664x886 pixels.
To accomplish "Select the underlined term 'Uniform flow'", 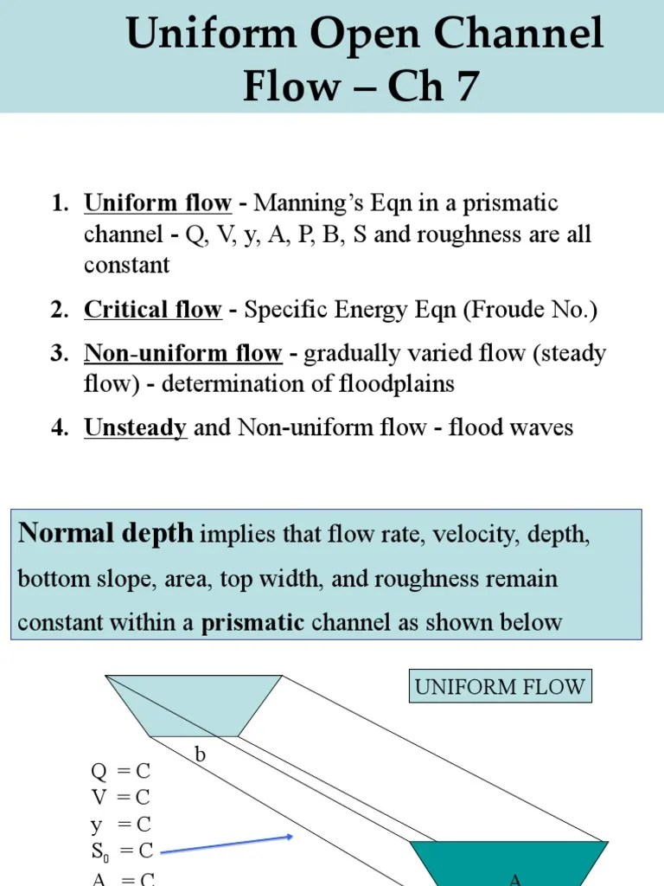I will pyautogui.click(x=157, y=204).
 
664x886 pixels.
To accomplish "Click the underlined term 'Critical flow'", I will pyautogui.click(x=152, y=311).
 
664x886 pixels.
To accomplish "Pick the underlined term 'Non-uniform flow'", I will pyautogui.click(x=182, y=354).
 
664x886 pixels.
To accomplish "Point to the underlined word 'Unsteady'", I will pyautogui.click(x=135, y=427).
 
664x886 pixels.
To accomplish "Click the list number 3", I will pyautogui.click(x=59, y=354).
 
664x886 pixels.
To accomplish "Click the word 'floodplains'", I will pyautogui.click(x=399, y=384).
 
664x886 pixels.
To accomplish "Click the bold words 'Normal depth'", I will pyautogui.click(x=105, y=533).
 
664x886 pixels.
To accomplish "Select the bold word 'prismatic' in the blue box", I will pyautogui.click(x=252, y=622).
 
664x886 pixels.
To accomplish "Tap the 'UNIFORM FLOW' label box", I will pyautogui.click(x=500, y=688).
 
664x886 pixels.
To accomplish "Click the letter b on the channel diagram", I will pyautogui.click(x=201, y=754).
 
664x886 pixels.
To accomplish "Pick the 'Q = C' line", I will pyautogui.click(x=121, y=771).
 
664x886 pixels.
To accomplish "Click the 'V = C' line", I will pyautogui.click(x=121, y=797).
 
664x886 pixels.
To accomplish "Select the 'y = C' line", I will pyautogui.click(x=121, y=825).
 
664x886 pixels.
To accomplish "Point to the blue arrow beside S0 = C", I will pyautogui.click(x=227, y=844).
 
